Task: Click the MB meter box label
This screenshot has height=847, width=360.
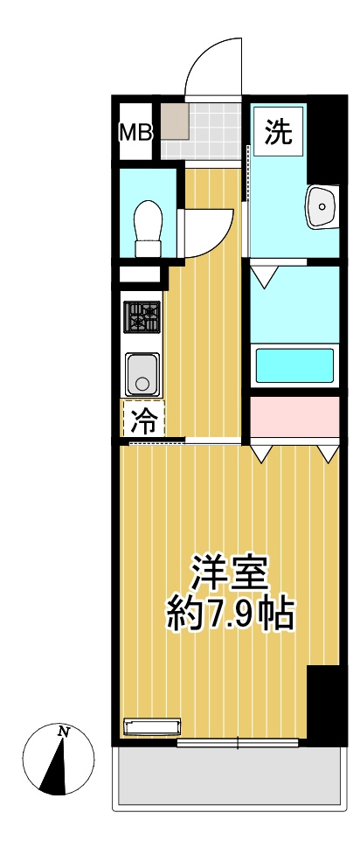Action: (135, 132)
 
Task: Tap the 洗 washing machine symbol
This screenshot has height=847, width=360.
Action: (279, 131)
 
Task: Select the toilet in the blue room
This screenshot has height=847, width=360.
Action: (149, 227)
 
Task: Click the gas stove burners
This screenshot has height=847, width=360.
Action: (142, 316)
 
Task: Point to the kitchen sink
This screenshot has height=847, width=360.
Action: (142, 373)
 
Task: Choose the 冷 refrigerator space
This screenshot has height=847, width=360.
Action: (143, 418)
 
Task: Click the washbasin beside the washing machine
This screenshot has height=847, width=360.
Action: (322, 206)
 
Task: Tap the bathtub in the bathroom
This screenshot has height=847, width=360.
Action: (294, 365)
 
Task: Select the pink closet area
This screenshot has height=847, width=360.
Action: (294, 418)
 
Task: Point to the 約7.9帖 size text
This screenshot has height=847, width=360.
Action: (231, 614)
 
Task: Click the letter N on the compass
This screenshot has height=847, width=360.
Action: (65, 732)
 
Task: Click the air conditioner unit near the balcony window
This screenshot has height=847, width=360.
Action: (152, 726)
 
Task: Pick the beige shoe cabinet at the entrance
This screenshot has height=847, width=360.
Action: (175, 121)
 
